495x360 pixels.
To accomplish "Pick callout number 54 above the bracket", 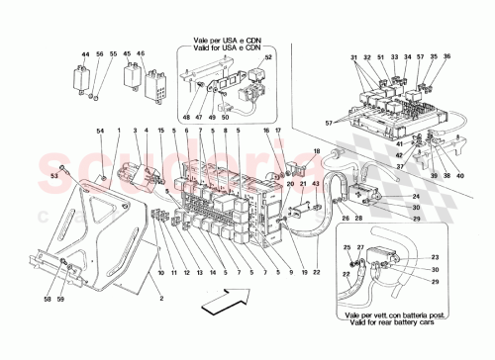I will tap(99, 131).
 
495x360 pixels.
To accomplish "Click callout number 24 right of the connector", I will tap(417, 196).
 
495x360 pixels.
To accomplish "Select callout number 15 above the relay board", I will tap(162, 131).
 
